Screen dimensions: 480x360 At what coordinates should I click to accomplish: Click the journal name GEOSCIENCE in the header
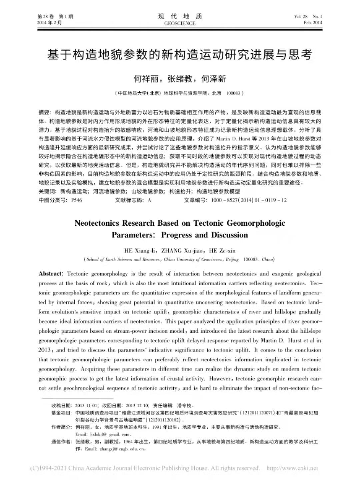point(180,23)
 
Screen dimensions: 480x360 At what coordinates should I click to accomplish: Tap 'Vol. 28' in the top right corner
point(301,16)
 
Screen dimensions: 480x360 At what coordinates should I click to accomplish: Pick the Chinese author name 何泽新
point(214,79)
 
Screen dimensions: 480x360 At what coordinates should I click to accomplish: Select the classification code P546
point(76,200)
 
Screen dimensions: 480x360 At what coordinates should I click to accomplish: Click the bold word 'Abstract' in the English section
point(50,274)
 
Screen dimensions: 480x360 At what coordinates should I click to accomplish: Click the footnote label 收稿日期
point(61,406)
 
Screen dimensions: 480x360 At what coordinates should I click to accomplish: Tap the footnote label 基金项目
point(61,413)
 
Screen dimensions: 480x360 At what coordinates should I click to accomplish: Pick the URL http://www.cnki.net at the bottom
point(292,468)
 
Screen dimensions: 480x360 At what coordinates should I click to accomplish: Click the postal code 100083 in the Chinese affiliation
point(233,93)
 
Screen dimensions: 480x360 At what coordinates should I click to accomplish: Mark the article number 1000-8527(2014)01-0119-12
point(249,200)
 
